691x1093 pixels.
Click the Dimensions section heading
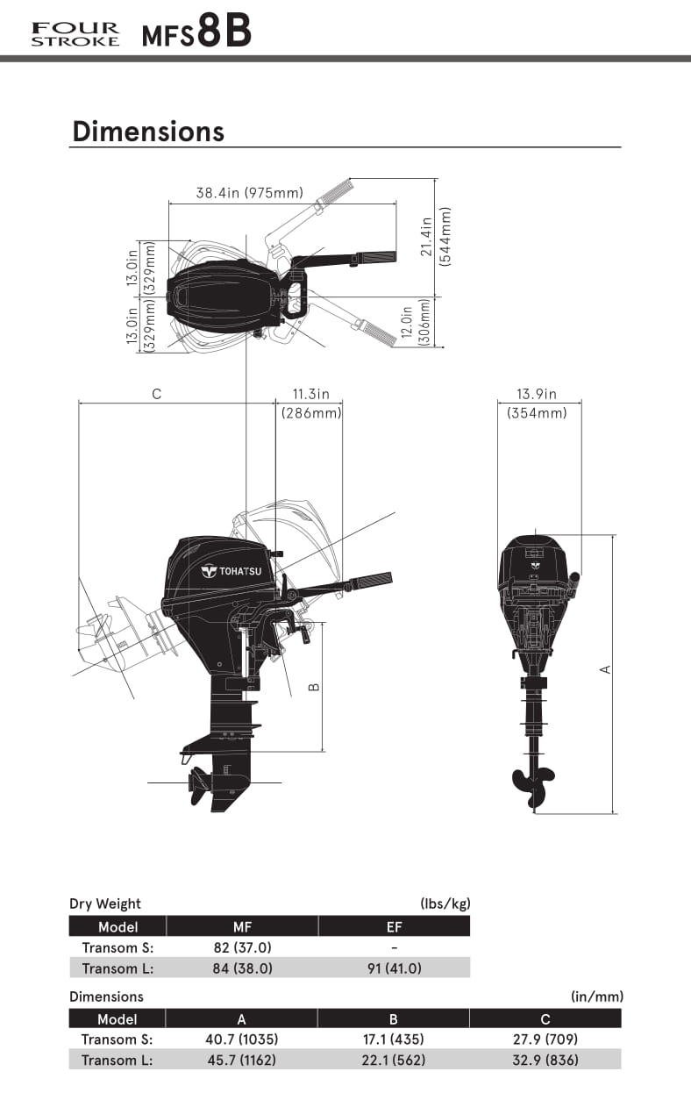coord(148,132)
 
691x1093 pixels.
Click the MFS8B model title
coord(196,32)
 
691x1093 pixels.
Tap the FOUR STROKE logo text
coord(75,34)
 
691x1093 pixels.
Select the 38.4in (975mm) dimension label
coord(250,193)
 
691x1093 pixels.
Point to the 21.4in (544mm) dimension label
coord(436,237)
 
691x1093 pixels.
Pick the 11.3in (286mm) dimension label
coord(311,404)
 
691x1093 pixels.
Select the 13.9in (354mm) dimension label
coord(537,404)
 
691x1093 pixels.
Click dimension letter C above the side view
coord(157,394)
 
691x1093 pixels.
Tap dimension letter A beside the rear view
coord(605,669)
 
